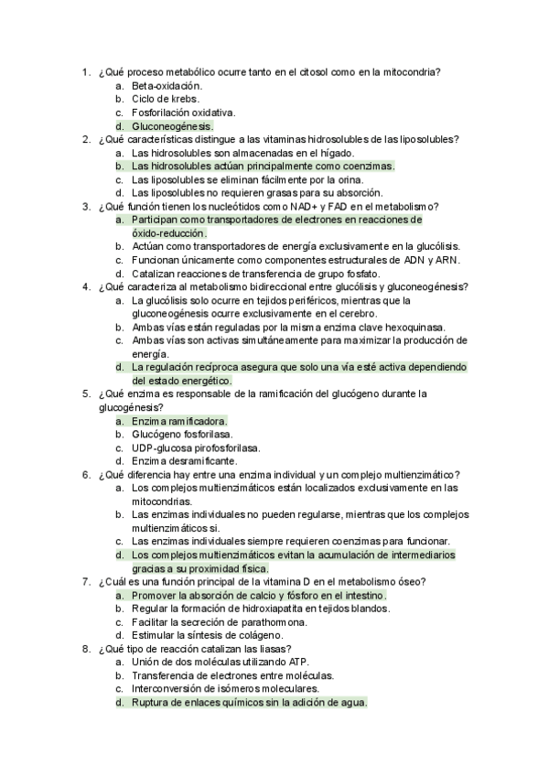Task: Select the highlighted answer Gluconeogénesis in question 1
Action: (172, 126)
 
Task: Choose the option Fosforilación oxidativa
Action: (184, 113)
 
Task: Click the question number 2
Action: (84, 140)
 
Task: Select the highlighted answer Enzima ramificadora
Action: (179, 421)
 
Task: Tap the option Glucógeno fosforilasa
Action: (182, 435)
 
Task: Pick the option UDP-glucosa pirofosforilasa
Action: (196, 448)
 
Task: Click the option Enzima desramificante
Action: (182, 461)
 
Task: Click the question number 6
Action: (84, 475)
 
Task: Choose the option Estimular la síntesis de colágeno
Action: (207, 635)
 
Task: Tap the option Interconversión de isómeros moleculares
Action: (225, 689)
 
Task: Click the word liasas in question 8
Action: (268, 649)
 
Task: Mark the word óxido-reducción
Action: (169, 233)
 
